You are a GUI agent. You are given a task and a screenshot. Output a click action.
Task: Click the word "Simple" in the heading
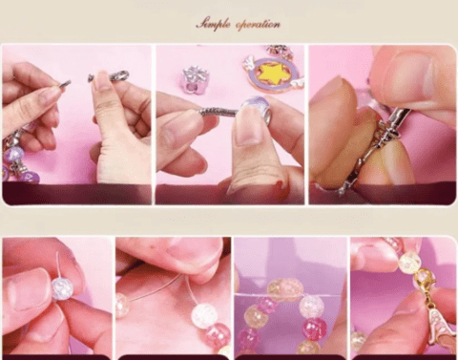click(x=213, y=25)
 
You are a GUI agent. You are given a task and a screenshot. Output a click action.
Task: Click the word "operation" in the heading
click(x=258, y=25)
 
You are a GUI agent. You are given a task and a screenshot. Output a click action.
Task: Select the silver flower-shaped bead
click(x=193, y=78)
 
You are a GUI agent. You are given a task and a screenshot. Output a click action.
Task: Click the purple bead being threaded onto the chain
click(x=257, y=109)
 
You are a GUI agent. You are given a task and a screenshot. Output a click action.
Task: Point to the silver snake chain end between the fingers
click(x=219, y=112)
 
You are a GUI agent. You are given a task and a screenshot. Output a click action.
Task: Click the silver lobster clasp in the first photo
click(x=110, y=76)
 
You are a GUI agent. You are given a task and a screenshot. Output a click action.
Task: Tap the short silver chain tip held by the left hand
click(x=65, y=84)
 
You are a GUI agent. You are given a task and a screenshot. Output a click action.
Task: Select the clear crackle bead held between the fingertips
click(x=62, y=288)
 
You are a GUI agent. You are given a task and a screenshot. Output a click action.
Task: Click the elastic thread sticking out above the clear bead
click(x=58, y=265)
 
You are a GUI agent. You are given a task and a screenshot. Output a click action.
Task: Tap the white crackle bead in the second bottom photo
click(x=203, y=315)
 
